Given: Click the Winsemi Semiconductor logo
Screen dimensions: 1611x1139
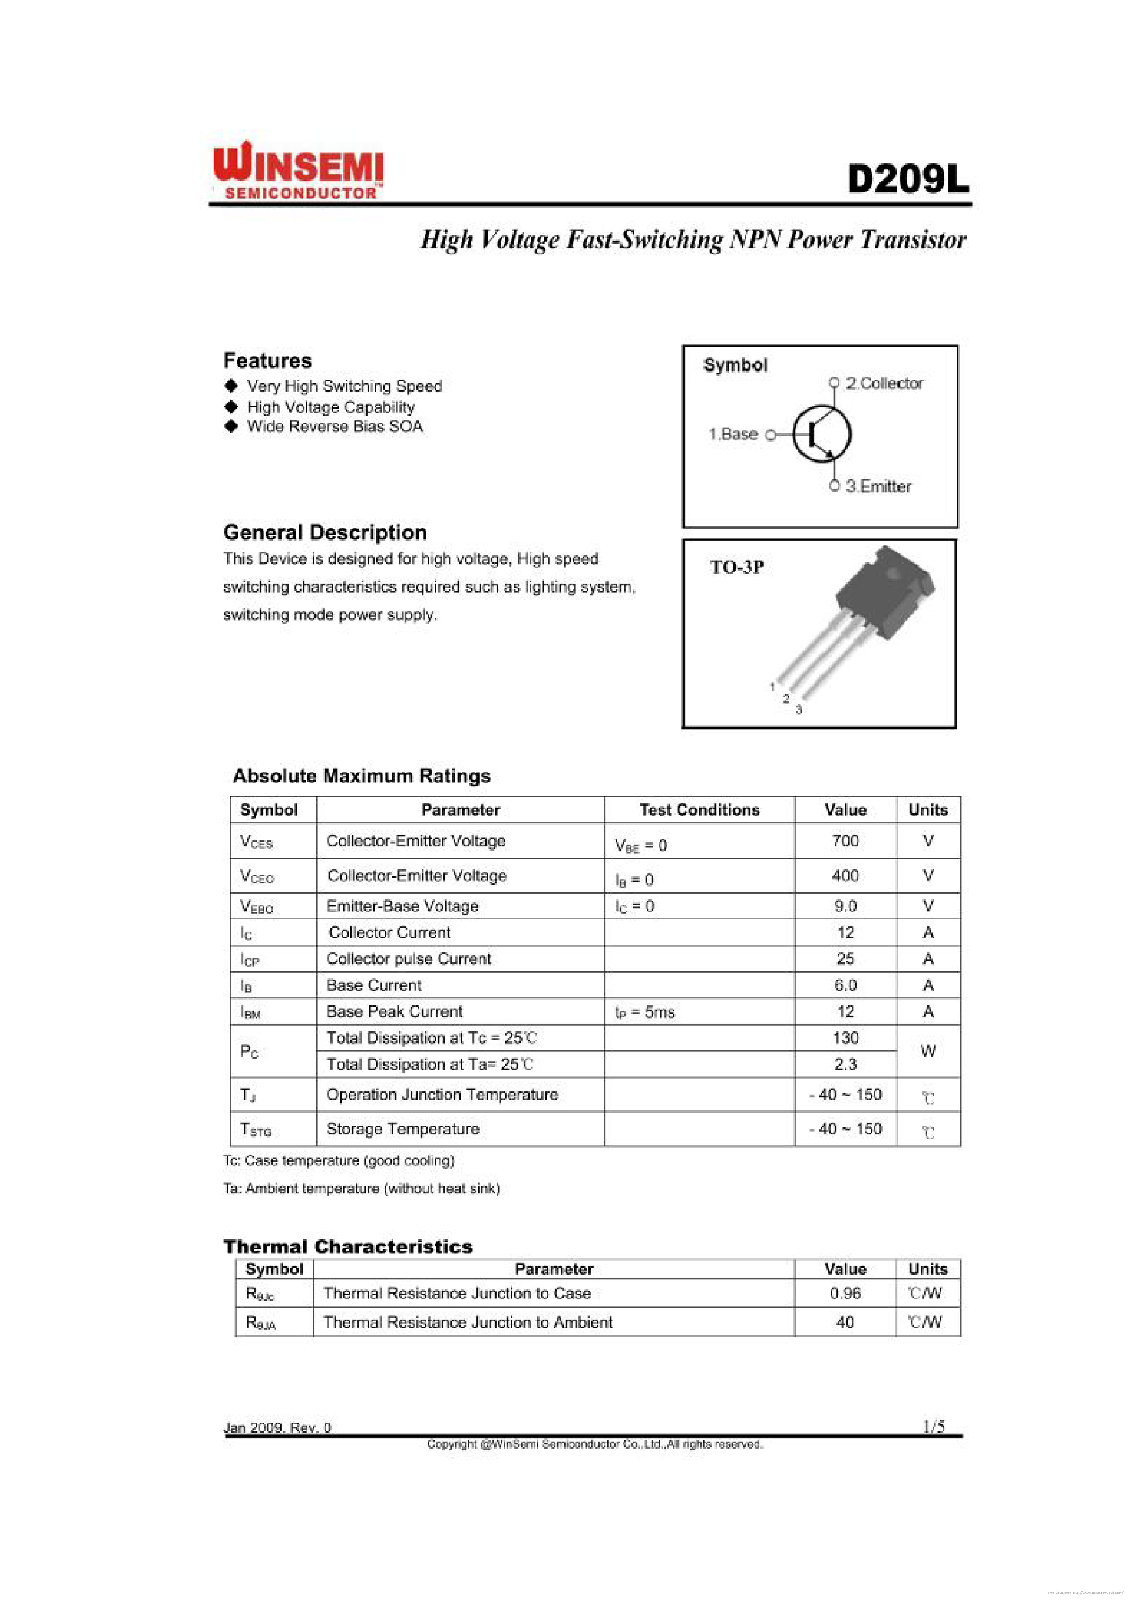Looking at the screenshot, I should pos(298,171).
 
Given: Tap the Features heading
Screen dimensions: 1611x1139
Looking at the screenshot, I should pos(267,361).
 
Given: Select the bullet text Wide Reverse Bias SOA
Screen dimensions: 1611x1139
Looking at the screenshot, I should pos(335,426).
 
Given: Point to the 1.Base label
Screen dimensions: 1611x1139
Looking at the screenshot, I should pos(733,434).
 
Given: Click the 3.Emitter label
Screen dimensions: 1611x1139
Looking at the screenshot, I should pos(878,486).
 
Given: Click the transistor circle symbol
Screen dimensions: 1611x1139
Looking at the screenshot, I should pos(822,434).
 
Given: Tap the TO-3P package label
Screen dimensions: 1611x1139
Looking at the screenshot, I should pos(737,567).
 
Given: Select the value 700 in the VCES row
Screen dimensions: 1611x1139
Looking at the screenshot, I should pos(845,841).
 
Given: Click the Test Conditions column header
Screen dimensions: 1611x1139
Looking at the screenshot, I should pos(699,810).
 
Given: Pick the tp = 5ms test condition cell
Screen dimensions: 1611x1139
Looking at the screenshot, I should pos(644,1012).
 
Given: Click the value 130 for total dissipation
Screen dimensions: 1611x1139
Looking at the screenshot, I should pos(845,1038).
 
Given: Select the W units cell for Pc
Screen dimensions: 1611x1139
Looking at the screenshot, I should pos(928,1051).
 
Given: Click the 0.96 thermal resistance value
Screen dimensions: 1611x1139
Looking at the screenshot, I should pos(845,1293).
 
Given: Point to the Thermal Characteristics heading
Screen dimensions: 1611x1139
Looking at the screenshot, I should pos(348,1247).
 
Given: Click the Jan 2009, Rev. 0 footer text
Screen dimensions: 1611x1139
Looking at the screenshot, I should pos(277,1427).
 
